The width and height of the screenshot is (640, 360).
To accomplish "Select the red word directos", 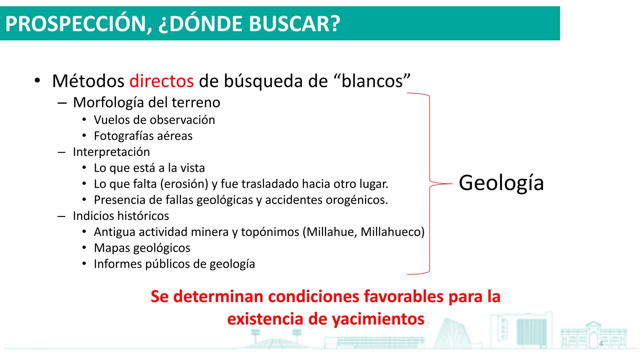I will tap(161, 81).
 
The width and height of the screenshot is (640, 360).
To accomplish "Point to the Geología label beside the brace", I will tap(501, 183).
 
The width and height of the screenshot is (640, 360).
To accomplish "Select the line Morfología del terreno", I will tap(146, 102).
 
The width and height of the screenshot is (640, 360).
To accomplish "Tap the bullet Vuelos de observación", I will tap(154, 120).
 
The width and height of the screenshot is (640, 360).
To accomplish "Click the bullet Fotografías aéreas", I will tap(143, 136).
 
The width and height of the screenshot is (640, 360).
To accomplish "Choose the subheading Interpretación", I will tap(111, 152).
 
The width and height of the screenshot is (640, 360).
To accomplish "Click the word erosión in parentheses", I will tap(184, 184).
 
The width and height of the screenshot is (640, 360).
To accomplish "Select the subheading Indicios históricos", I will tap(121, 216).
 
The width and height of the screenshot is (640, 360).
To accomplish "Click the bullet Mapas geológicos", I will tap(142, 248).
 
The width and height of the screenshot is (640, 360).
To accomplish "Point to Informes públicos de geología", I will tap(174, 264).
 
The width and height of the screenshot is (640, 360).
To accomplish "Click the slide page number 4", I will tap(601, 344).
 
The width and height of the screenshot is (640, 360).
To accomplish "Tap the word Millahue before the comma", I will tap(330, 232).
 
